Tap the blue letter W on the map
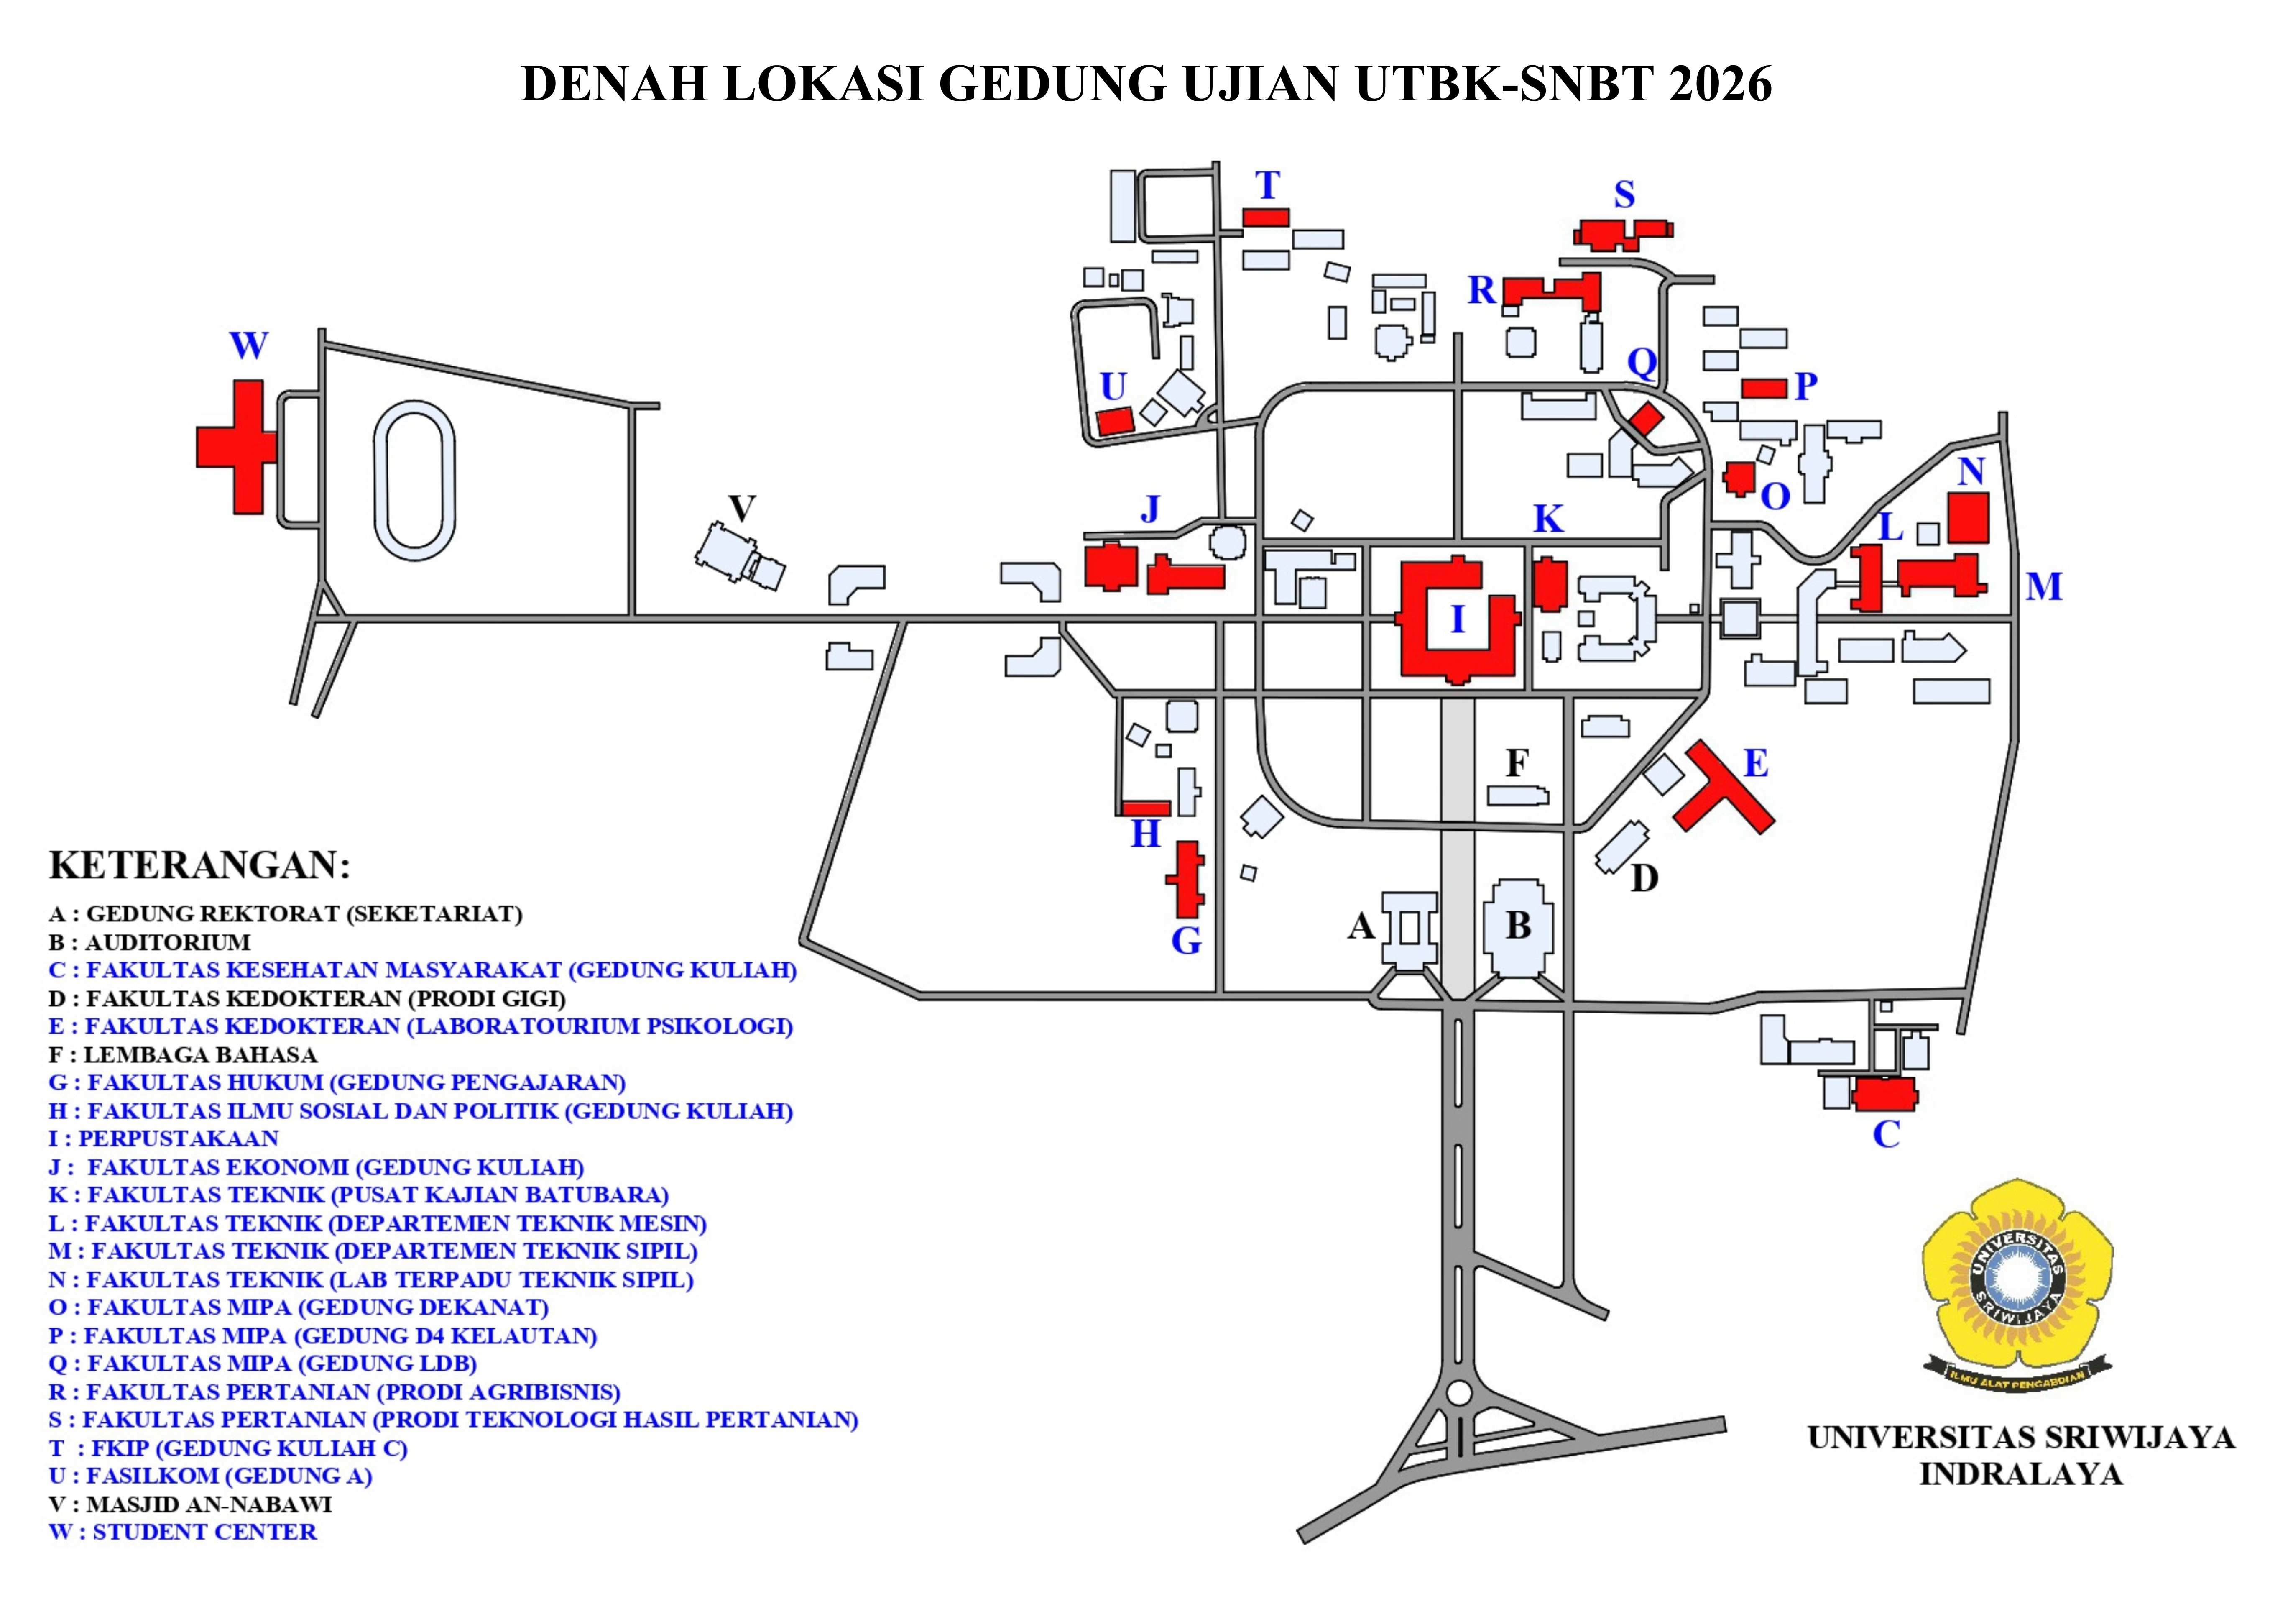[249, 345]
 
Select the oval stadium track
[414, 481]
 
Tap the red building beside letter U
[1115, 420]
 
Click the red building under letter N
[1969, 517]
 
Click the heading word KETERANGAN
[200, 865]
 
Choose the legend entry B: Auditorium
[150, 942]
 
